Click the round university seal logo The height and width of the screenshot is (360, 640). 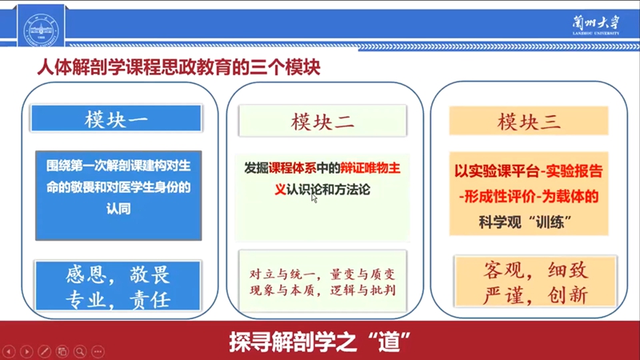click(x=41, y=30)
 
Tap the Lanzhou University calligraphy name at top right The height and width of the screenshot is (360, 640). click(x=595, y=26)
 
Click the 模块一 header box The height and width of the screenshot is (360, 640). click(x=116, y=118)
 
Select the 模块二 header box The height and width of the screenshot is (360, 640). click(x=322, y=121)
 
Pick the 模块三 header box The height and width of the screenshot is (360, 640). click(x=529, y=121)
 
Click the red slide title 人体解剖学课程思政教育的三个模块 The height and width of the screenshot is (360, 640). click(x=178, y=67)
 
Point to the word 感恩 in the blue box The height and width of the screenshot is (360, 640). click(x=86, y=275)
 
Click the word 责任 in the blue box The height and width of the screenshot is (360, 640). click(x=150, y=301)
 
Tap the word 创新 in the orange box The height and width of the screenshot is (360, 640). click(x=568, y=295)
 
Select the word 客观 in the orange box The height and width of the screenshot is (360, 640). click(x=503, y=270)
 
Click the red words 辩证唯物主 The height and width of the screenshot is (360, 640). click(x=370, y=168)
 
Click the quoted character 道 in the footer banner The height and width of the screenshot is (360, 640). click(x=389, y=342)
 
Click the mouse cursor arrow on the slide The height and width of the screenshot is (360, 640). click(x=314, y=198)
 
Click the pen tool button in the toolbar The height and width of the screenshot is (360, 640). click(x=45, y=351)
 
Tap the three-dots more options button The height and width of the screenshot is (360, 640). click(x=98, y=351)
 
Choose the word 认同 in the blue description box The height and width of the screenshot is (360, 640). click(x=118, y=209)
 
